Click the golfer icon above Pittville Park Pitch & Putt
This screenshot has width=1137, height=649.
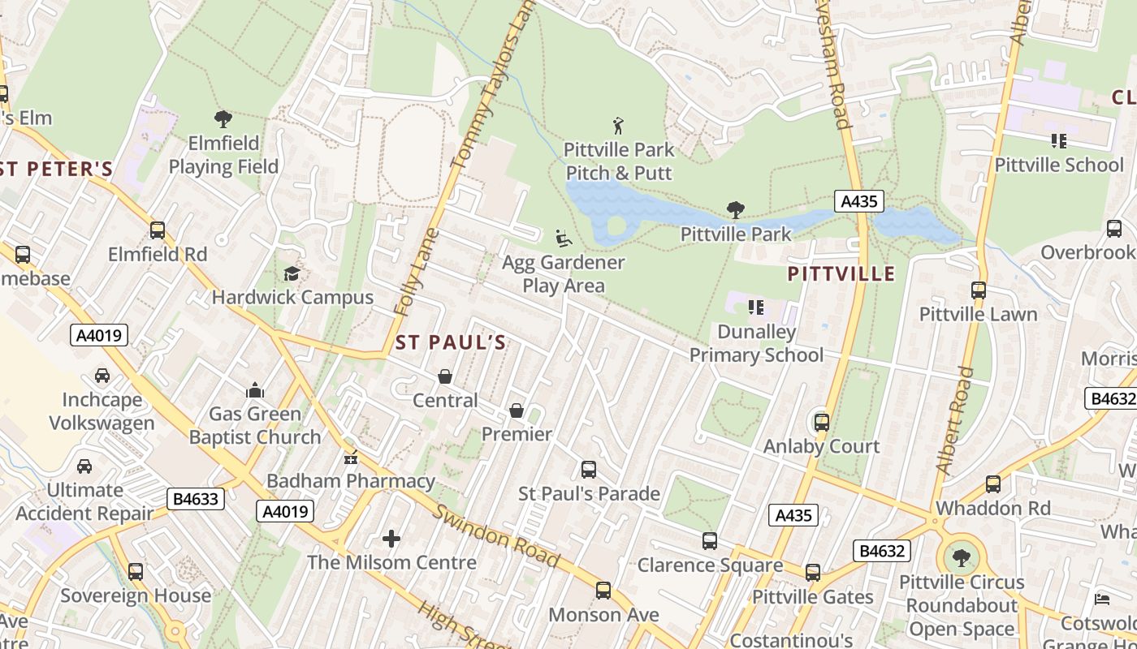point(619,126)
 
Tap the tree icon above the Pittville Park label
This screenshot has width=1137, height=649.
point(736,210)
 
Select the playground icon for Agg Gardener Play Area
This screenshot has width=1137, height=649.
point(563,239)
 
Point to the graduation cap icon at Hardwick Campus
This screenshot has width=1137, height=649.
point(292,273)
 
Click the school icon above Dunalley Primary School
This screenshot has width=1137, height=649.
point(756,307)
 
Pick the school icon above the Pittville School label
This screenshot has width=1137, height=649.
point(1058,141)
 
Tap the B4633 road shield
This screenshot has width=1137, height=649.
point(196,498)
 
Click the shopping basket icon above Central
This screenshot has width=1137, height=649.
point(445,376)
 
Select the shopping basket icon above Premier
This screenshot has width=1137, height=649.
point(517,410)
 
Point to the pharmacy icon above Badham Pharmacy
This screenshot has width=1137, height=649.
point(351,458)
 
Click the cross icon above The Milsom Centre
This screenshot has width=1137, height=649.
point(391,538)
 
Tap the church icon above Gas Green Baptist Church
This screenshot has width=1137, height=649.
point(255,390)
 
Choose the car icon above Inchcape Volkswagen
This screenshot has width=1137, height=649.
point(102,376)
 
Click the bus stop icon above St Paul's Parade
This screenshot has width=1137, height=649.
point(589,470)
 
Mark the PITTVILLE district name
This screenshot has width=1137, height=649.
point(841,273)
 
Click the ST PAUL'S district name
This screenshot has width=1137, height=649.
point(450,342)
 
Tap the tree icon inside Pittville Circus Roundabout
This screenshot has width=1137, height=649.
point(962,558)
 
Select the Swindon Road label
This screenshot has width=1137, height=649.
point(495,535)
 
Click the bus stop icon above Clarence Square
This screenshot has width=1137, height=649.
point(710,541)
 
